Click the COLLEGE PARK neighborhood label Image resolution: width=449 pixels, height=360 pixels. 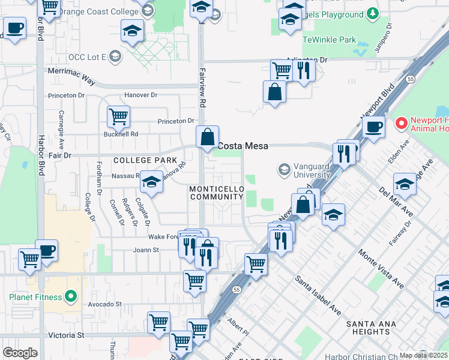(145, 160)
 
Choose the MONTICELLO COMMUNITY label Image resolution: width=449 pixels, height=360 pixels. (216, 193)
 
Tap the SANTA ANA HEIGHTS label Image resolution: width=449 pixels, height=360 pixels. (368, 328)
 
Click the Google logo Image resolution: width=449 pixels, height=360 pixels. (20, 353)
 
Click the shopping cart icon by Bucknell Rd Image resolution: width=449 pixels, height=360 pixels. (119, 116)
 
